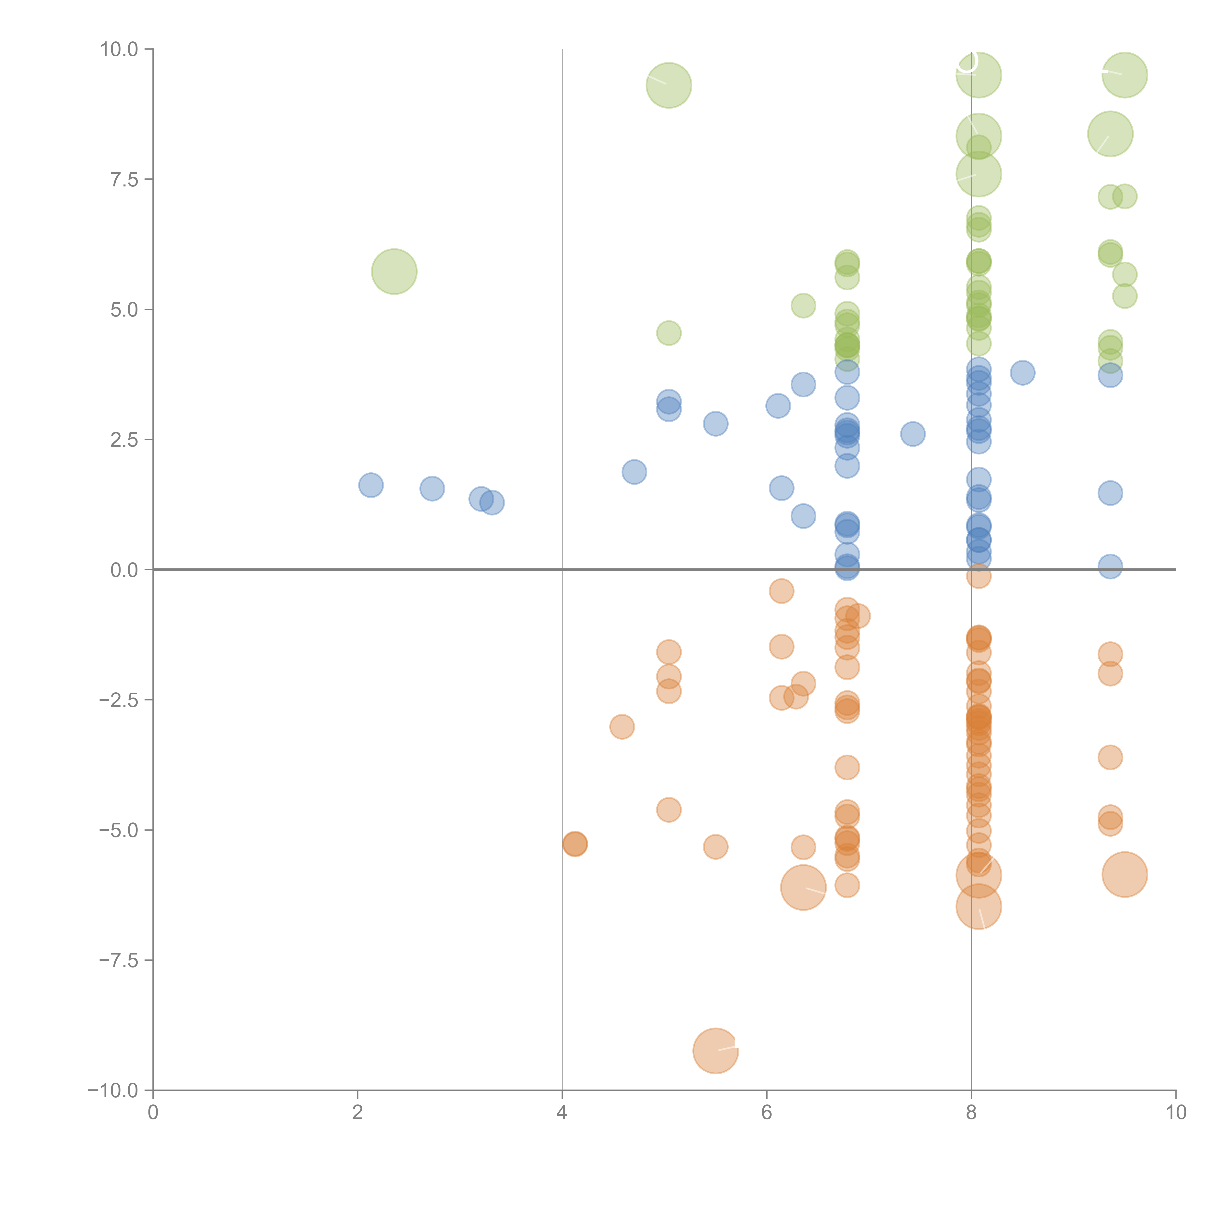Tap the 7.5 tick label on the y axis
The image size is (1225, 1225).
[124, 179]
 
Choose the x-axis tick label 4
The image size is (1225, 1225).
[562, 1112]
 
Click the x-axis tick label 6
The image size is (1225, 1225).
[767, 1112]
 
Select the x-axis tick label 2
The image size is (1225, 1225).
[358, 1112]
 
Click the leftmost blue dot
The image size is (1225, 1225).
[371, 485]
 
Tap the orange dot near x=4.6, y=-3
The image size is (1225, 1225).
[622, 727]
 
